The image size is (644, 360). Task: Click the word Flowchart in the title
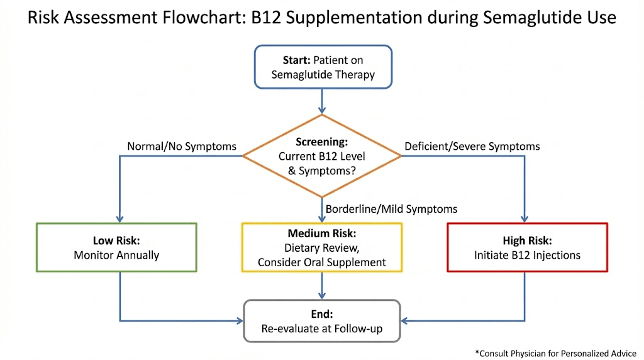(x=201, y=17)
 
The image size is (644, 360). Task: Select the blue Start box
(x=323, y=67)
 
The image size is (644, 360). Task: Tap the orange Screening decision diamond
(x=322, y=155)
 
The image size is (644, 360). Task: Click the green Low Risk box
(x=116, y=247)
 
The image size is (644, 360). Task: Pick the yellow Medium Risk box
(x=322, y=247)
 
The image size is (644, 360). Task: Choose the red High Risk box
(x=527, y=247)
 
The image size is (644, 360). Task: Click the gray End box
(x=322, y=320)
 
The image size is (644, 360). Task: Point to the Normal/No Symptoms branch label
(x=182, y=147)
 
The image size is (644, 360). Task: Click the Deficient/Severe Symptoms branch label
(x=472, y=147)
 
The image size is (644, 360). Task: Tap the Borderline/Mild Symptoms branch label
(x=391, y=208)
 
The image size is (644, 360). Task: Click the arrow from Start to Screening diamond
(x=322, y=101)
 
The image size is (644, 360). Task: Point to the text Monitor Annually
(x=116, y=256)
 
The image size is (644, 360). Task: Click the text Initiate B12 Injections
(x=527, y=256)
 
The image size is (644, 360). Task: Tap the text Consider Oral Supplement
(x=322, y=262)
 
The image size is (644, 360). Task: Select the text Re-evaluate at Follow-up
(x=322, y=329)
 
